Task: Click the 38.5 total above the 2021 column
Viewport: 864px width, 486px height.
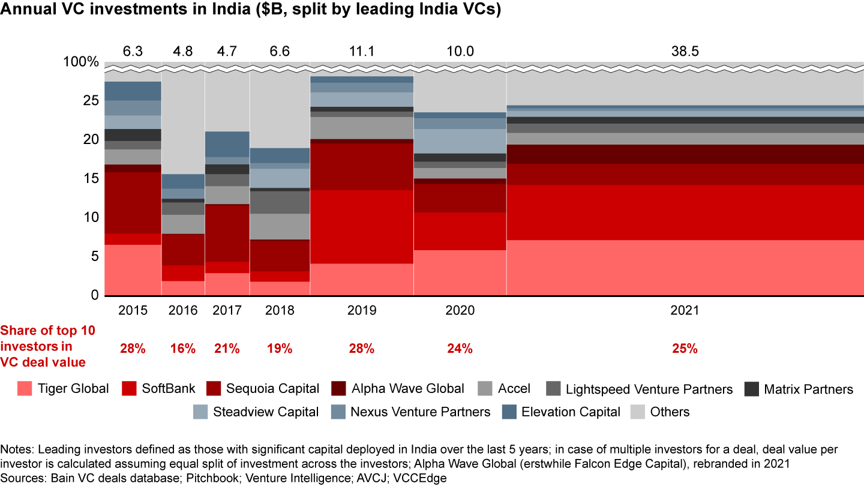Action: click(685, 52)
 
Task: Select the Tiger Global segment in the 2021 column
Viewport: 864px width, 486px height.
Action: click(685, 268)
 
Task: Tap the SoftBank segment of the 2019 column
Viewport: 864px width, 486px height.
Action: click(362, 227)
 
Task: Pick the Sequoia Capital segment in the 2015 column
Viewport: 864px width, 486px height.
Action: click(133, 203)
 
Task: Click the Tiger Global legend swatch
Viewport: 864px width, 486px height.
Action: click(25, 389)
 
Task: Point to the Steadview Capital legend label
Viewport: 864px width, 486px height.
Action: click(266, 412)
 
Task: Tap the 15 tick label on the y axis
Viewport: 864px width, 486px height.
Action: click(90, 178)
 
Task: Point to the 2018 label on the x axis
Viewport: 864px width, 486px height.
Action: click(279, 311)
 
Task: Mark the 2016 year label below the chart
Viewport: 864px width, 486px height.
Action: click(183, 311)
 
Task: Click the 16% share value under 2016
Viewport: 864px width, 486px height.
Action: click(183, 349)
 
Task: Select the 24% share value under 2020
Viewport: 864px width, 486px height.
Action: click(460, 349)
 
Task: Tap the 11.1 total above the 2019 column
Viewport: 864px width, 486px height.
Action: click(362, 52)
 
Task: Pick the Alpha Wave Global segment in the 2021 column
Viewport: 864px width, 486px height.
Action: click(685, 154)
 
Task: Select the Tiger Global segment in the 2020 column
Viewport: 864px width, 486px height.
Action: click(460, 272)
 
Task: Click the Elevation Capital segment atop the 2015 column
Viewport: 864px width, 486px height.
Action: click(133, 91)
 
